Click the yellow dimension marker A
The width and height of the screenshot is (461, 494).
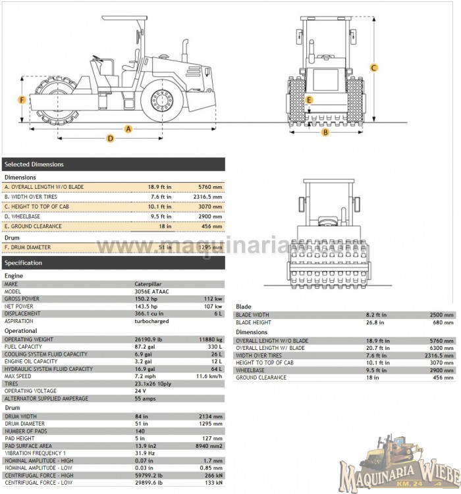(128, 128)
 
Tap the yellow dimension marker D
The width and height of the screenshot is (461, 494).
(111, 138)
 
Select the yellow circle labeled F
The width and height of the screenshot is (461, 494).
(22, 100)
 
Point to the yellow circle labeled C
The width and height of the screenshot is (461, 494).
(373, 67)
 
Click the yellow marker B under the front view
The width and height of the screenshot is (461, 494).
(325, 132)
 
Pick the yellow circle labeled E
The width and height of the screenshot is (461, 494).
(310, 100)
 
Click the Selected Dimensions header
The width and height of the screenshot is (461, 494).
(34, 164)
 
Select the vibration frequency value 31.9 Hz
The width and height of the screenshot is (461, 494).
(146, 453)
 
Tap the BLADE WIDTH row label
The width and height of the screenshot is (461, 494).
(253, 315)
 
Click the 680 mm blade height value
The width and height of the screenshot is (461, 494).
(444, 323)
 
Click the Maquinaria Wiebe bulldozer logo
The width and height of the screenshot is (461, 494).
(400, 462)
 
